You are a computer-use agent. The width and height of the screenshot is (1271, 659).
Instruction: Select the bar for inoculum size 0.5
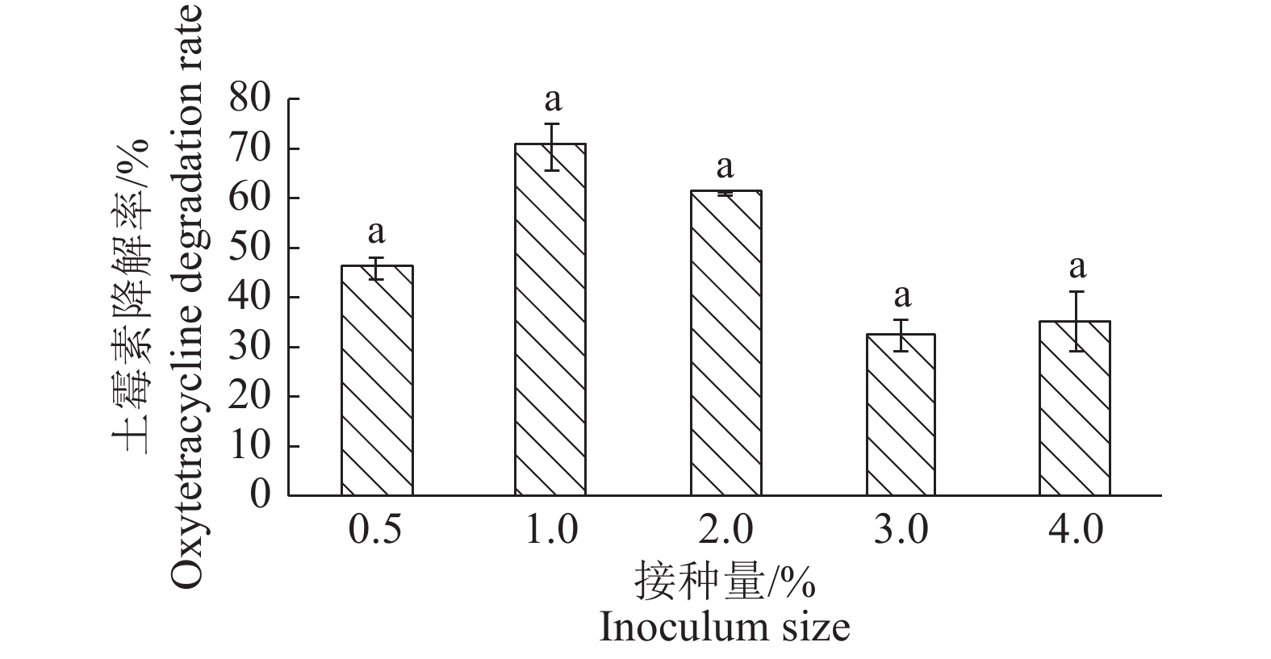point(377,380)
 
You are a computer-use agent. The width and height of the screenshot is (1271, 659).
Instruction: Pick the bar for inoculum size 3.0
point(901,415)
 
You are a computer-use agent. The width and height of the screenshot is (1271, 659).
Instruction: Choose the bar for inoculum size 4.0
point(1075,408)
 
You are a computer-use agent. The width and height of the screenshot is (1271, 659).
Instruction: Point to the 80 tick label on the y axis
point(250,99)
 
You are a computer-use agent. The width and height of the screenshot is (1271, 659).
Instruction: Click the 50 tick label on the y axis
point(250,248)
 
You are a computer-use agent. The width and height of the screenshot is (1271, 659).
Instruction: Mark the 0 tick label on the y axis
point(260,494)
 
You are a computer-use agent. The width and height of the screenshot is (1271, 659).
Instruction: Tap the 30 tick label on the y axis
point(250,347)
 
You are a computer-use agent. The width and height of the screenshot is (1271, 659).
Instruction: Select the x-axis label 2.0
point(725,531)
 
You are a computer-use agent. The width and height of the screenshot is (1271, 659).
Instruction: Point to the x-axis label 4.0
point(1075,531)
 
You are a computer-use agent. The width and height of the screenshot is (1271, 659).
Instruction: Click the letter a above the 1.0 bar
point(553,101)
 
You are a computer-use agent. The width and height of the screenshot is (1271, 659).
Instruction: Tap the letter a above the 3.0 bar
point(902,296)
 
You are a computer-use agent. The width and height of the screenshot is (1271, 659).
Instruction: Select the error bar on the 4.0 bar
point(1076,320)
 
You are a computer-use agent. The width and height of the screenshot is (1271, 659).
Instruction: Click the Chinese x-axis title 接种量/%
point(724,581)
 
